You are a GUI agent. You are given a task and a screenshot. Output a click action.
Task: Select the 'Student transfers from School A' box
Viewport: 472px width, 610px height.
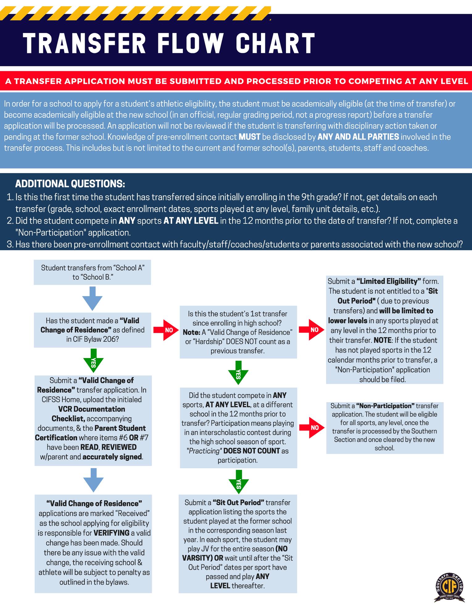(x=92, y=272)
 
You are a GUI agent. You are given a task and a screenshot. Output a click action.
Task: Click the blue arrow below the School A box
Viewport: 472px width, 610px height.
(x=92, y=298)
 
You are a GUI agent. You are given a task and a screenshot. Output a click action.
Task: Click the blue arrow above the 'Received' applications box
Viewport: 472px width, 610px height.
(x=93, y=480)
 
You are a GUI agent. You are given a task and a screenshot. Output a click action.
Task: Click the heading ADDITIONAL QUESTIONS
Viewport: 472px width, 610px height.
(x=70, y=184)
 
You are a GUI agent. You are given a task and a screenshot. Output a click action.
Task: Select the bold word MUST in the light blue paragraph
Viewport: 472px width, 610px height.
(x=249, y=137)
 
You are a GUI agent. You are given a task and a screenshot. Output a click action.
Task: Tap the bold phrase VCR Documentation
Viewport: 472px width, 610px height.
(x=92, y=409)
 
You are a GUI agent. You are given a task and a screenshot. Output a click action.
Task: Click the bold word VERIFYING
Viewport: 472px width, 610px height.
(x=111, y=533)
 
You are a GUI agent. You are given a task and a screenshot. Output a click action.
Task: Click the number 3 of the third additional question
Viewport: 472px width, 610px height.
(x=10, y=245)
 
